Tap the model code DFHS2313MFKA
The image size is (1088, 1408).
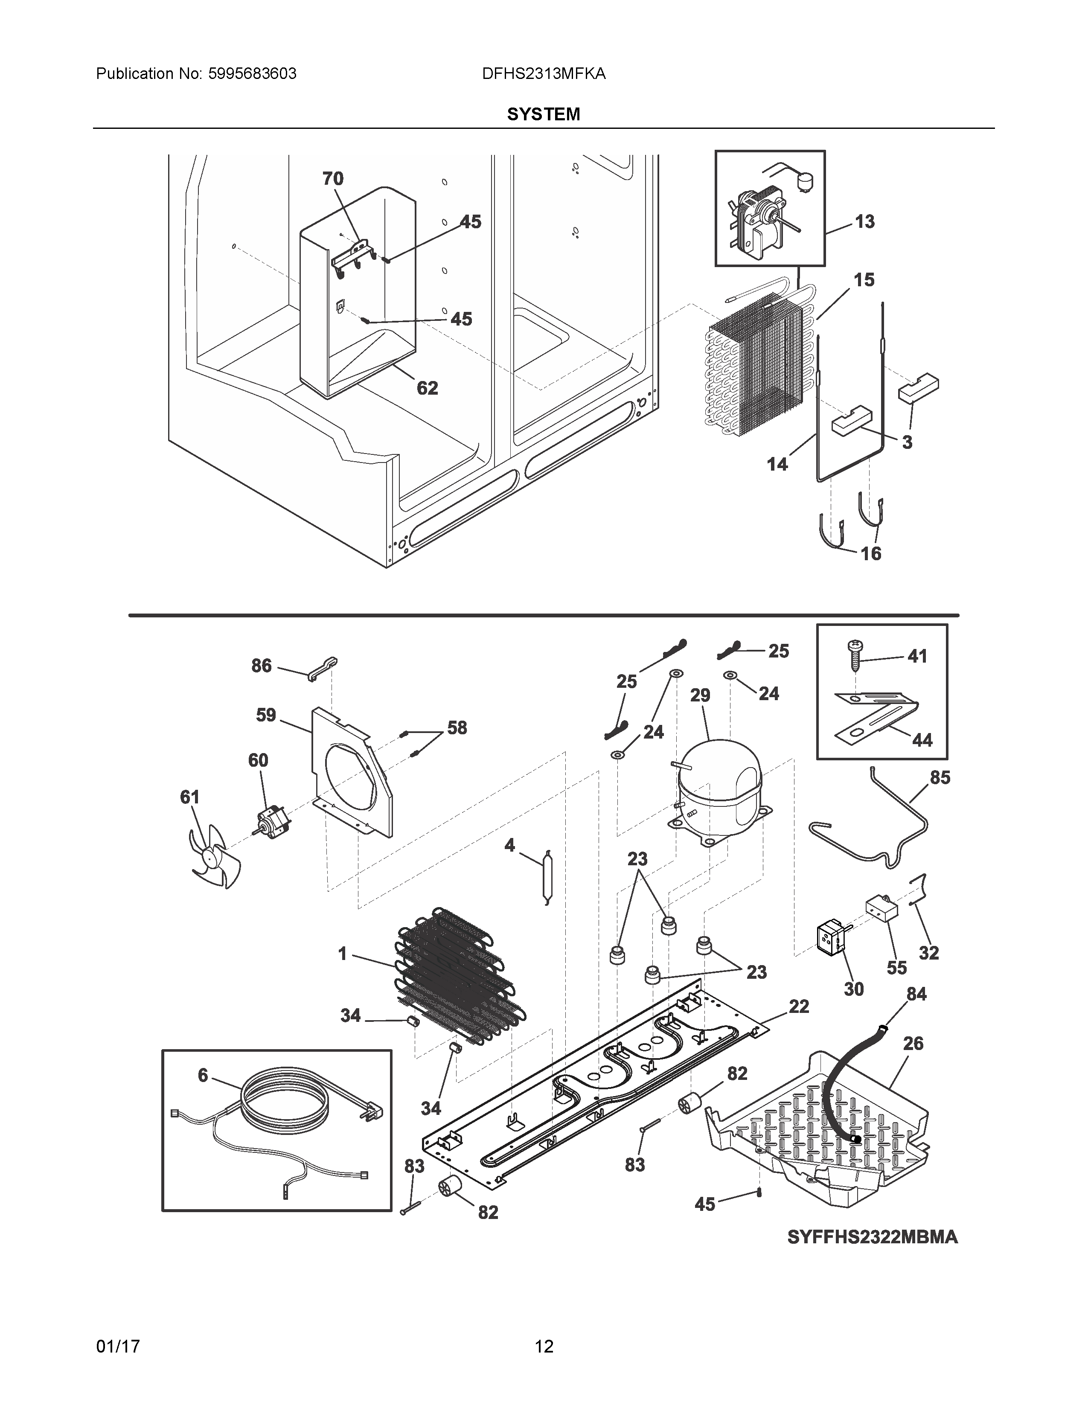543,74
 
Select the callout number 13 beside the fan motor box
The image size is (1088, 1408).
864,222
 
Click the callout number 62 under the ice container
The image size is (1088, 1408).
427,388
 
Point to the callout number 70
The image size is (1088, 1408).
333,179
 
